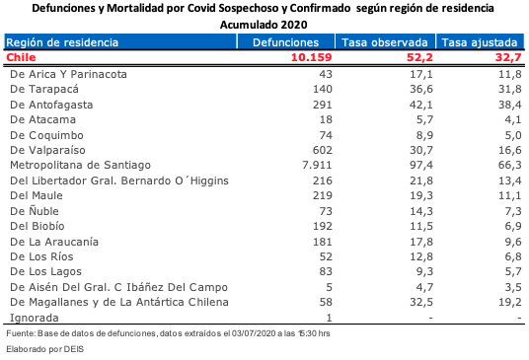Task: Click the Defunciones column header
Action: [285, 43]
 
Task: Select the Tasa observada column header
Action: [384, 43]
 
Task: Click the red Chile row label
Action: [21, 58]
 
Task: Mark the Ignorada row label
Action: [34, 317]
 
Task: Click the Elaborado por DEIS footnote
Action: [43, 350]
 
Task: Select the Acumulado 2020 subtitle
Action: [264, 23]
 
